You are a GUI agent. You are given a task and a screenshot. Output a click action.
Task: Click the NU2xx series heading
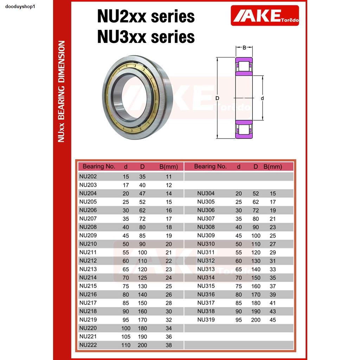point(146,17)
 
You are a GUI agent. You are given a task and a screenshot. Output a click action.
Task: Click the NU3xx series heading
point(146,37)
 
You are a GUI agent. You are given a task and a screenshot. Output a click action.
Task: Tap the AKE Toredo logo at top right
point(265,16)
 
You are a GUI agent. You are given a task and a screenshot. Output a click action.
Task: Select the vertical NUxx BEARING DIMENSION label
point(62,91)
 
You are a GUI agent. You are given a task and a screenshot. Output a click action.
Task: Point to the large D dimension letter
point(217,98)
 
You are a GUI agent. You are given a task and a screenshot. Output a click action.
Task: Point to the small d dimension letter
point(262,98)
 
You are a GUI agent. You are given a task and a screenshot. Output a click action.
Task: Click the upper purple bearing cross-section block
point(244,66)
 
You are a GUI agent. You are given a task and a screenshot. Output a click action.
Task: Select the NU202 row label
point(88,176)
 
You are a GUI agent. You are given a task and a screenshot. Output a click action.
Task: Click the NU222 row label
point(88,345)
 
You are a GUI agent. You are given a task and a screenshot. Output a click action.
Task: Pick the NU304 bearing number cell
point(206,193)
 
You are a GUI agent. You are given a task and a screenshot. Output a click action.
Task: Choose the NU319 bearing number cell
point(206,320)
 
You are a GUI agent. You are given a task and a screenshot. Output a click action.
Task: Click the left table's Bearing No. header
point(98,167)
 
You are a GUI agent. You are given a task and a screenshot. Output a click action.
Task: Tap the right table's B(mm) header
point(273,167)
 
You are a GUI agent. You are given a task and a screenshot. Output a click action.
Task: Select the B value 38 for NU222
point(169,345)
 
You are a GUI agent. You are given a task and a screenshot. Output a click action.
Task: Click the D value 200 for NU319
point(256,320)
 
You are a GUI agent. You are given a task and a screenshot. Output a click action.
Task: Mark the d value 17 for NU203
point(126,185)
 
